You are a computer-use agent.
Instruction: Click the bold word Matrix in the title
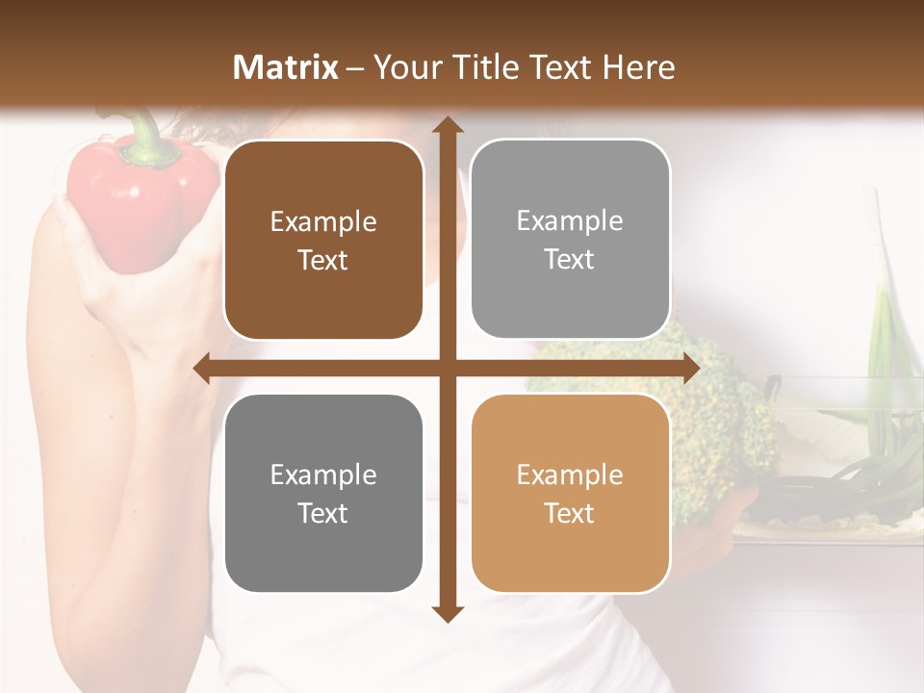(x=286, y=67)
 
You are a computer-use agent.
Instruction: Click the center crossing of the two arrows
(x=446, y=369)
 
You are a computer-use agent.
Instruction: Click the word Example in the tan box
(x=570, y=475)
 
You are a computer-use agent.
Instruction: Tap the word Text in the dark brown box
(x=323, y=261)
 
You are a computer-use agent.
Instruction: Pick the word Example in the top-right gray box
(x=570, y=221)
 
